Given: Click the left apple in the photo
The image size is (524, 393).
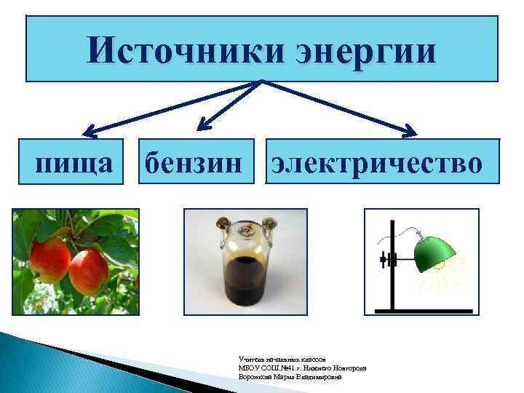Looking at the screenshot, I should (49, 258).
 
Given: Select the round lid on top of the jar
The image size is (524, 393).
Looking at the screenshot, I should (246, 228).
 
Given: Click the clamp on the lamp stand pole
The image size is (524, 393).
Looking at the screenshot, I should (386, 258).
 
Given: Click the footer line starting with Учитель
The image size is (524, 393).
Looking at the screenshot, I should (285, 359).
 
